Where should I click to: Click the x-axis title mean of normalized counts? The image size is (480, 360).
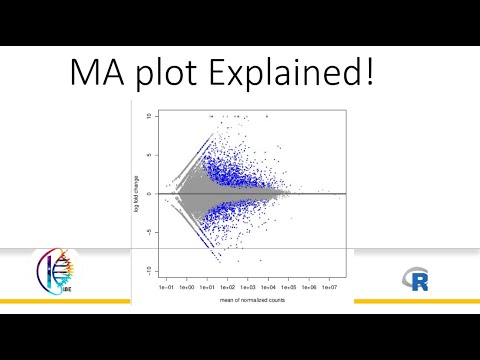[254, 301]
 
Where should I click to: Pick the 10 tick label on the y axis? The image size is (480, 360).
[148, 116]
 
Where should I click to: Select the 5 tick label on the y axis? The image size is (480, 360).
[149, 155]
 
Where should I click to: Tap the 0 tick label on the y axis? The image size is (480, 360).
[149, 193]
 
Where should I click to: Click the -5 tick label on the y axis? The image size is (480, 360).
[148, 232]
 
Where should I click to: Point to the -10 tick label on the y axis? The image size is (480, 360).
[147, 270]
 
